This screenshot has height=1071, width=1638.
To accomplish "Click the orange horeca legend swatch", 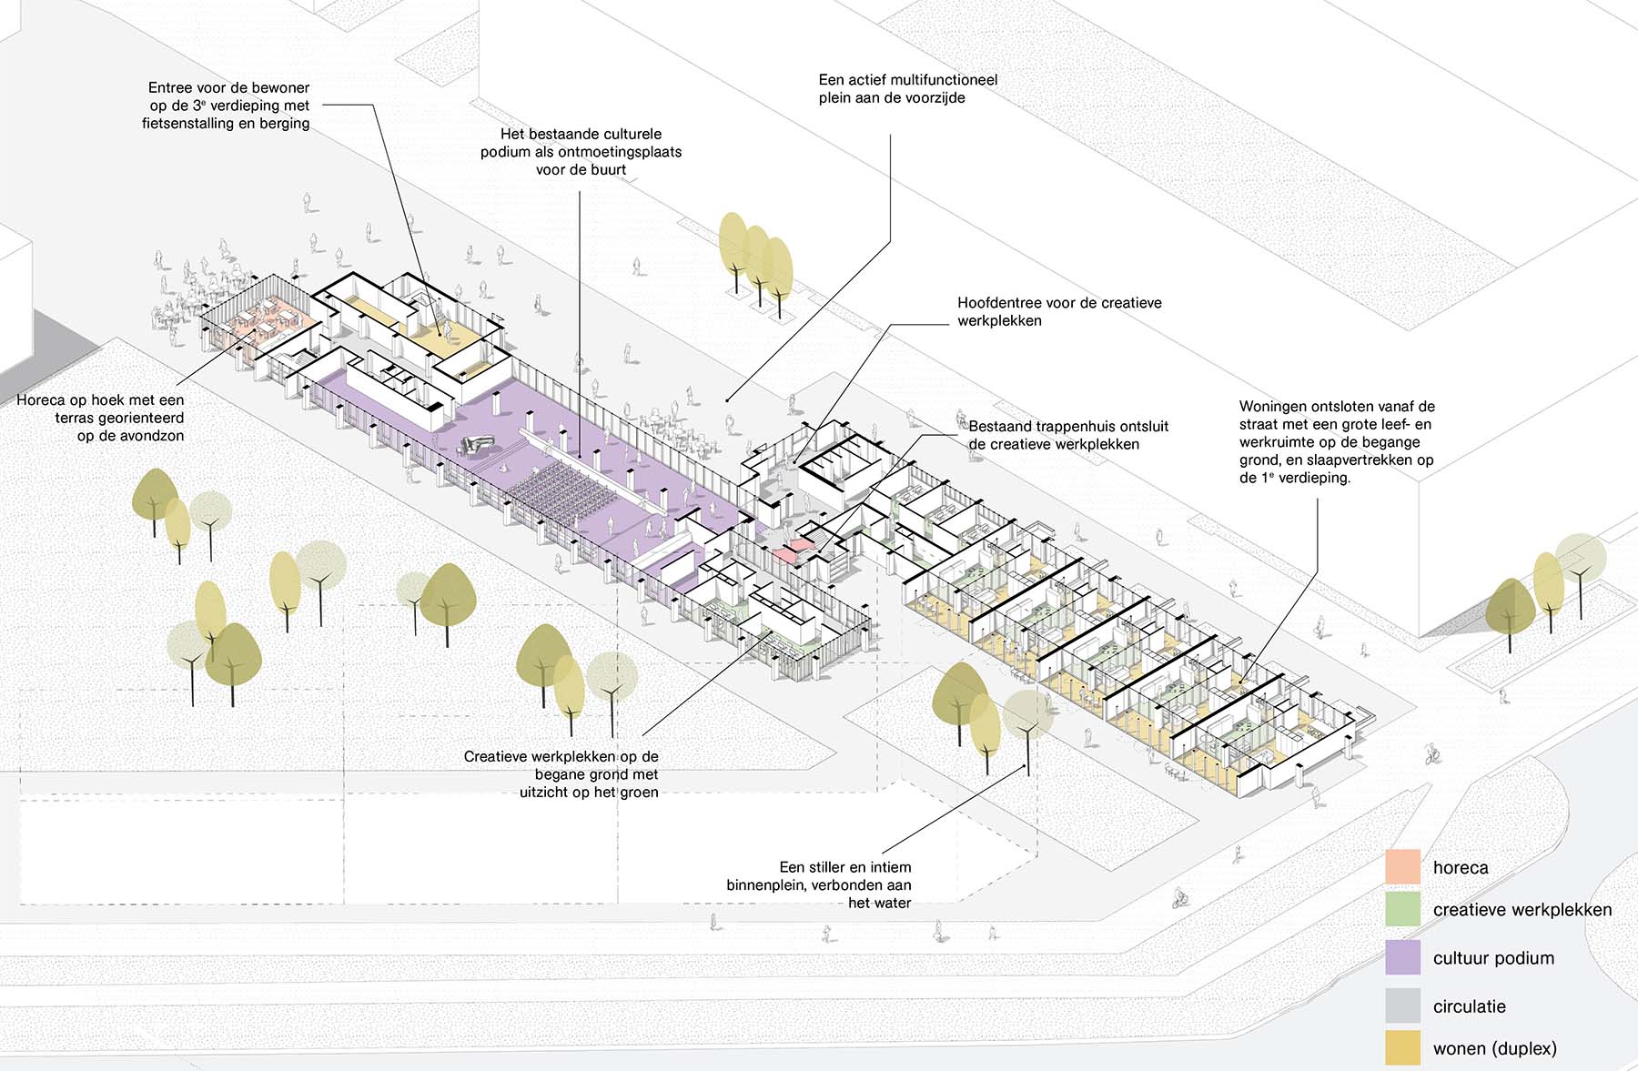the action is click(x=1402, y=867).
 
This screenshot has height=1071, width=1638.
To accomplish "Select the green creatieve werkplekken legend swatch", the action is click(x=1402, y=909).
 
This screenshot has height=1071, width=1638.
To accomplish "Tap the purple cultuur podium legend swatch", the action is click(x=1402, y=957).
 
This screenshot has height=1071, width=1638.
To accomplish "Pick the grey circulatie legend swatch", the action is click(x=1402, y=1005).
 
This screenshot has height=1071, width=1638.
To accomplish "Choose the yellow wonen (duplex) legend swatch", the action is click(x=1402, y=1047).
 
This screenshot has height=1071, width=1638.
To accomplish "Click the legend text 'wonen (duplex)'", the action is click(x=1494, y=1048).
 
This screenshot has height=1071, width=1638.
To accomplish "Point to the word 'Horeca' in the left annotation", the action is click(x=40, y=400).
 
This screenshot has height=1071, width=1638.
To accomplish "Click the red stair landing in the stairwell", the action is click(x=790, y=549).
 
